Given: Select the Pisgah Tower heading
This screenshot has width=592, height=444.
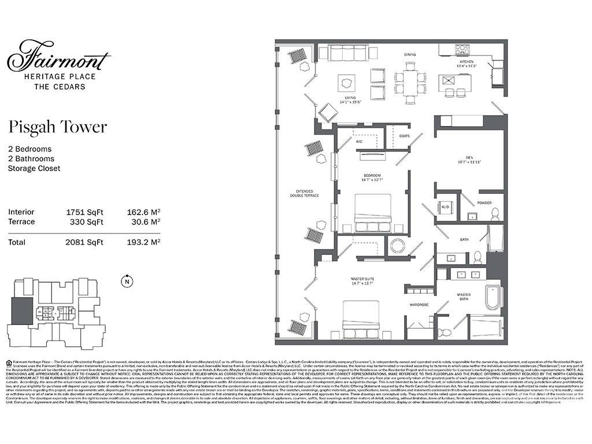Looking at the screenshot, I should point(57,127).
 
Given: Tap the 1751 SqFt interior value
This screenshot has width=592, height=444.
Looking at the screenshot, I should point(84,212).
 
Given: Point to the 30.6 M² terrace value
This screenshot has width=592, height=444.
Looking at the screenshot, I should point(143,221).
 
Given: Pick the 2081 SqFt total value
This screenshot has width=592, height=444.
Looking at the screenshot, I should point(84,242).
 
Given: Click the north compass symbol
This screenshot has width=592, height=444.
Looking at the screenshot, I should point(125,282).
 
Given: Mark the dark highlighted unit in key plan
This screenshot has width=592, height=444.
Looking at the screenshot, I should point(23,311).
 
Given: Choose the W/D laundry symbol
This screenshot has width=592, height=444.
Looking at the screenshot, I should point(445,207).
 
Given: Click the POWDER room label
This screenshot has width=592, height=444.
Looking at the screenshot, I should point(484,203).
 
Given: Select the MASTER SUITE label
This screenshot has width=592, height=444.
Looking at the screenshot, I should point(363,280).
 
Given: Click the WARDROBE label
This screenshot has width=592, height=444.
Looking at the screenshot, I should point(419,304).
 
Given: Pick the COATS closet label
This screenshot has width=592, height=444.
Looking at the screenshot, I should point(405,136).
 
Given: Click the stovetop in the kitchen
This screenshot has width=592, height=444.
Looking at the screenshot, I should point(462,50).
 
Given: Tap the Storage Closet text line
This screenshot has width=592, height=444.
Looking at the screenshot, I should point(34,168).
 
